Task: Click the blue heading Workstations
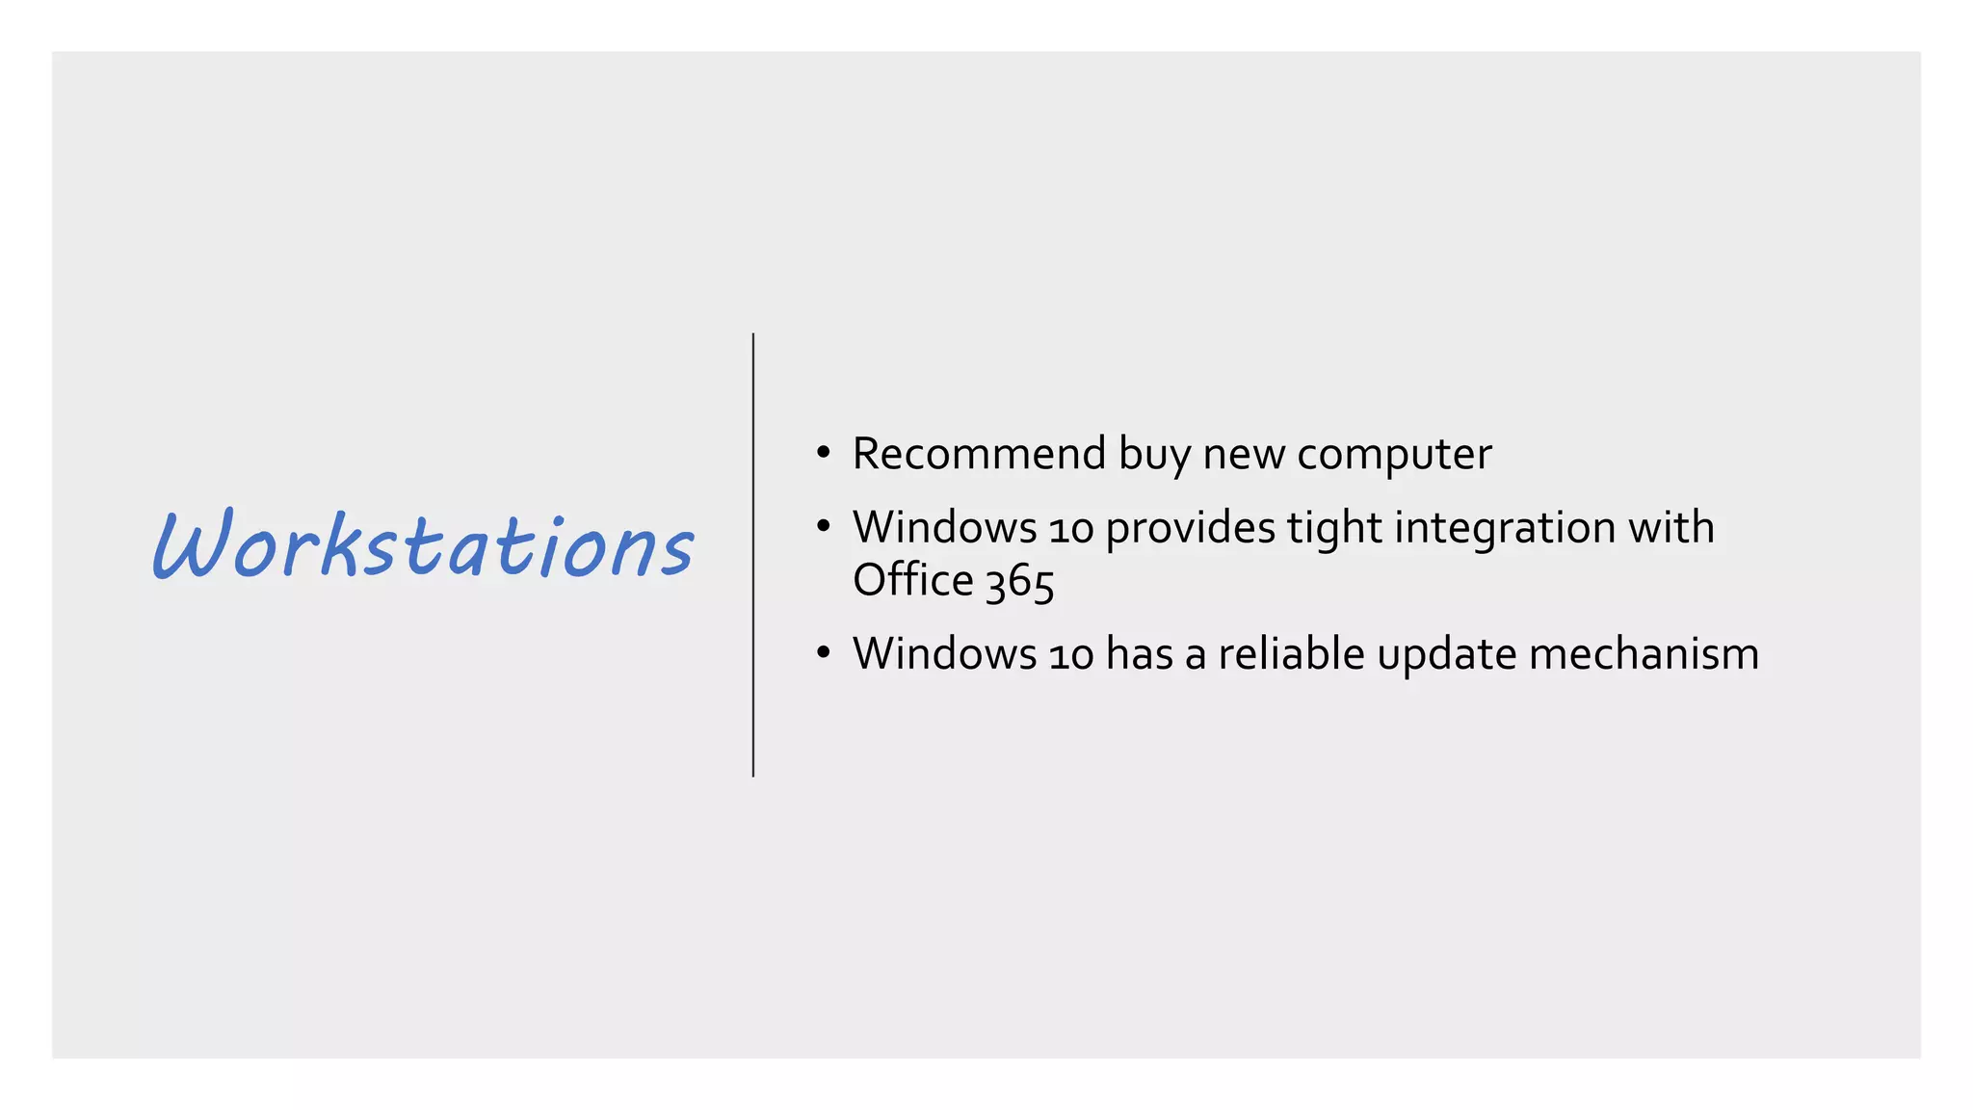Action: point(422,545)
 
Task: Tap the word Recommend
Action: point(979,454)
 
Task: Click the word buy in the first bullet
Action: point(1154,456)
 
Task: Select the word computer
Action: point(1394,456)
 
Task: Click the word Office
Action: point(913,580)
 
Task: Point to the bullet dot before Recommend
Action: point(823,453)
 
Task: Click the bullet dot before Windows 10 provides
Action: point(823,527)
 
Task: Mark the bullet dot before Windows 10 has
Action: point(823,653)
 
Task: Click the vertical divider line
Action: point(753,555)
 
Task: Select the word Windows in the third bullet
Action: point(944,654)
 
